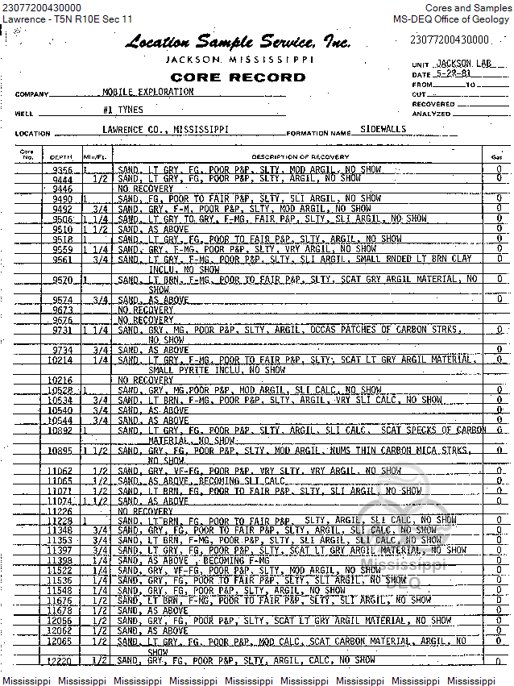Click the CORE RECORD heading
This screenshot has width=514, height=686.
(x=238, y=77)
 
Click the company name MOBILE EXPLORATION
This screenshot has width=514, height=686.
(x=148, y=92)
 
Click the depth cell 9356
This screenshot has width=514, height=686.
(x=63, y=170)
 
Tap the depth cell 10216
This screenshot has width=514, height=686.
(x=60, y=380)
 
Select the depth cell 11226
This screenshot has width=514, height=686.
(x=60, y=511)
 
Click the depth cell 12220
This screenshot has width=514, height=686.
(x=60, y=661)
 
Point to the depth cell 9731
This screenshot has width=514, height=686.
(x=62, y=330)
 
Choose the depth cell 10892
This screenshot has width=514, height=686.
(x=60, y=430)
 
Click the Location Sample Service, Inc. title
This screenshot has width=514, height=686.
(x=238, y=43)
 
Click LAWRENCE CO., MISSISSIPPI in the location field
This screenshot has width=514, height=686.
(x=165, y=129)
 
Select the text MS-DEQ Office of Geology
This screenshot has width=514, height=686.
(x=452, y=19)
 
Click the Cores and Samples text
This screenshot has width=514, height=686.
(x=468, y=7)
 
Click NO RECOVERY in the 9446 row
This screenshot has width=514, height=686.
(x=146, y=189)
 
